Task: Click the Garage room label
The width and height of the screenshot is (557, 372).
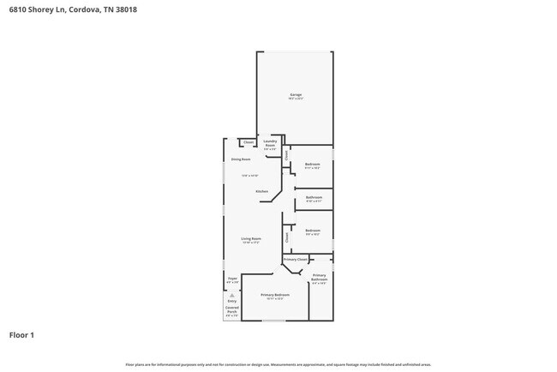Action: (x=295, y=95)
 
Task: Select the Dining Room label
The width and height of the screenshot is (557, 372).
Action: (x=241, y=159)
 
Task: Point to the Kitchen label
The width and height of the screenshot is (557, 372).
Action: (x=261, y=191)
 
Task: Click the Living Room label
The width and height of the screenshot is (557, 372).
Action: (x=250, y=238)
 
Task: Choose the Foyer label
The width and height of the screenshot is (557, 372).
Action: (x=232, y=279)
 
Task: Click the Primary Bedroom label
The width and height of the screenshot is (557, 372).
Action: (x=275, y=295)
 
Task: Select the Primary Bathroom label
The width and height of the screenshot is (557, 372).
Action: (x=319, y=278)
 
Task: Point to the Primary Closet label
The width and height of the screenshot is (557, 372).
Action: (x=296, y=259)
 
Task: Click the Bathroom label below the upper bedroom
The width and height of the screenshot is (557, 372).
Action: (x=314, y=198)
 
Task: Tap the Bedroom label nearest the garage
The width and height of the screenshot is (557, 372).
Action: (x=313, y=165)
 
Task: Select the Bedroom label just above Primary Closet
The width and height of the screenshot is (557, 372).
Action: (x=313, y=231)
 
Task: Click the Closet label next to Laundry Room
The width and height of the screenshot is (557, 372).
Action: (x=249, y=142)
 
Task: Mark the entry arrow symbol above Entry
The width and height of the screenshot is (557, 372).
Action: (x=231, y=295)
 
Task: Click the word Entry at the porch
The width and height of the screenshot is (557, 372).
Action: (x=231, y=302)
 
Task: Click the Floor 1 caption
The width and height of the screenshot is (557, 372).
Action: (x=21, y=335)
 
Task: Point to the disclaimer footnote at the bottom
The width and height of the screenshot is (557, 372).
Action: (x=278, y=364)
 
